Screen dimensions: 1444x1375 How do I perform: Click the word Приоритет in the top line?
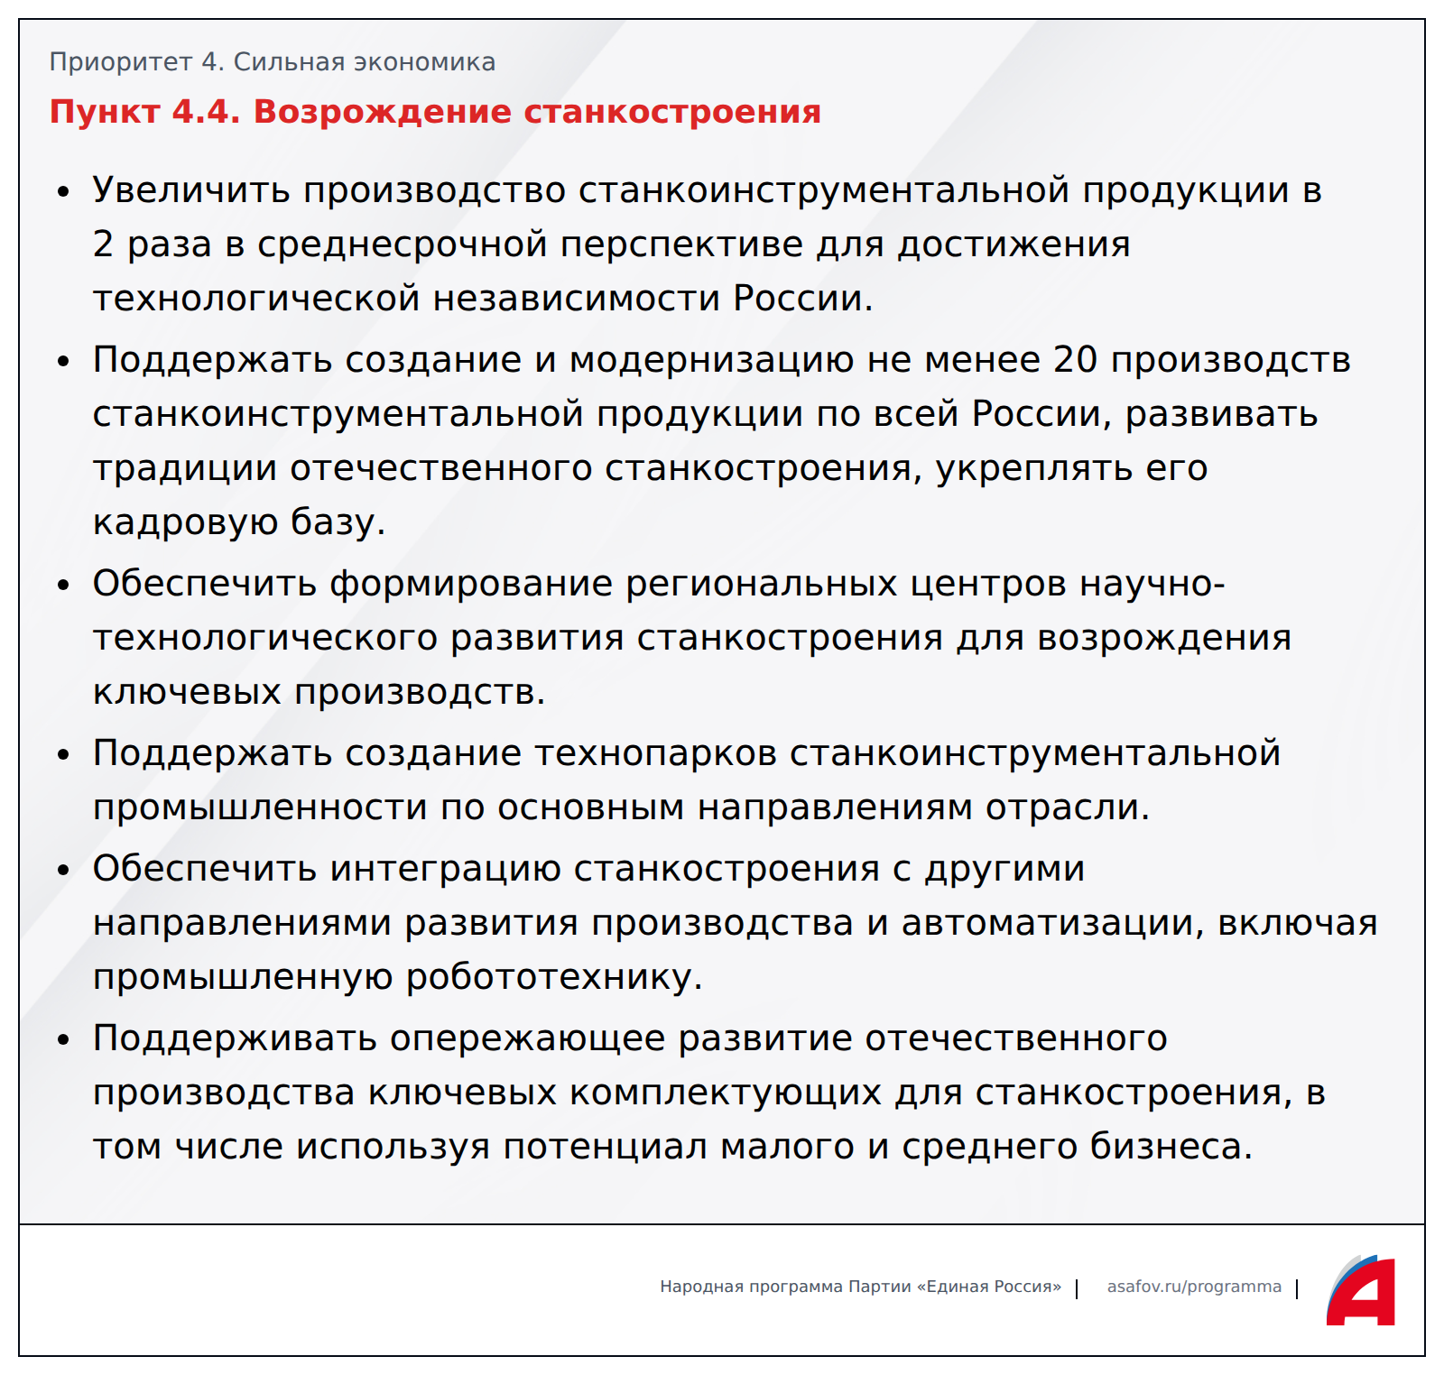coord(120,62)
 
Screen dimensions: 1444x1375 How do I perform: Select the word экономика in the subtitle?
coord(424,62)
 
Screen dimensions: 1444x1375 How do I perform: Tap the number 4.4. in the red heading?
coord(206,112)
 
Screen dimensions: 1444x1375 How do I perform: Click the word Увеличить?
coord(191,190)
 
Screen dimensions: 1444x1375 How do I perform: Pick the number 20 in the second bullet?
coord(1075,359)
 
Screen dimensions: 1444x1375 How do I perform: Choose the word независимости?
coord(576,299)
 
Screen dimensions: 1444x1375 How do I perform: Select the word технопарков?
coord(656,754)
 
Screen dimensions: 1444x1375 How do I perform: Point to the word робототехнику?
coord(554,977)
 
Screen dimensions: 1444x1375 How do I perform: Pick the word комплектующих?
coord(726,1094)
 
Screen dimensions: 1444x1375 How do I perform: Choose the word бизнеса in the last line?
coord(1171,1147)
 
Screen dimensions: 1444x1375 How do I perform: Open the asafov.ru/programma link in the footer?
coord(1194,1287)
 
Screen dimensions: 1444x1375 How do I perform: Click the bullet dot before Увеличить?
coord(63,191)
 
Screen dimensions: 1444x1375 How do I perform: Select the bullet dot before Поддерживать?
coord(63,1039)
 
